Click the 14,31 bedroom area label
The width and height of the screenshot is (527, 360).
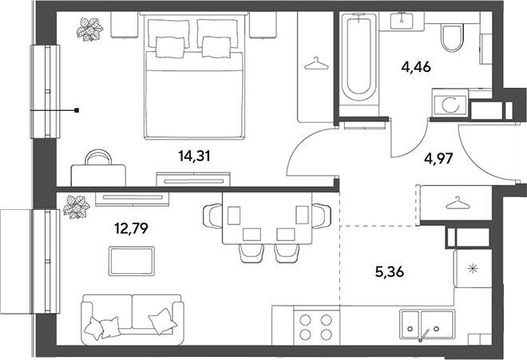pyautogui.click(x=195, y=156)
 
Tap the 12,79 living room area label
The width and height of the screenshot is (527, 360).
pyautogui.click(x=132, y=229)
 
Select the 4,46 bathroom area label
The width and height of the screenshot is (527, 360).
pyautogui.click(x=416, y=67)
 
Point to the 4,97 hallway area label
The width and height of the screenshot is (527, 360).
pyautogui.click(x=439, y=158)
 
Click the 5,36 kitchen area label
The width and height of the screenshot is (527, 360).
pyautogui.click(x=390, y=271)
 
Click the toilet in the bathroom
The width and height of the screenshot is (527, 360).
pyautogui.click(x=452, y=38)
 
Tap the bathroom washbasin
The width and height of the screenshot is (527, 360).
pyautogui.click(x=402, y=20)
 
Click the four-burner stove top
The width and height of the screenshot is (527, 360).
pyautogui.click(x=316, y=326)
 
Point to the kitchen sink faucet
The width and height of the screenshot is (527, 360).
pyautogui.click(x=423, y=335)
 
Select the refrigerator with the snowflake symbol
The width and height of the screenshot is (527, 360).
pyautogui.click(x=474, y=268)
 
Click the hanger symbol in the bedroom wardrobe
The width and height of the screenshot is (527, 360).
pyautogui.click(x=316, y=64)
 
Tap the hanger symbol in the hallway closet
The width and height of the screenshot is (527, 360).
pyautogui.click(x=457, y=203)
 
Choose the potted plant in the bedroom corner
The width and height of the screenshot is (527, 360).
pyautogui.click(x=89, y=30)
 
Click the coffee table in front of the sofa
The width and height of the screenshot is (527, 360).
pyautogui.click(x=132, y=261)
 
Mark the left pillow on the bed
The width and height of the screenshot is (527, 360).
pyautogui.click(x=170, y=47)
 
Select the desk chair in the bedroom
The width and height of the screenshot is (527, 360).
pyautogui.click(x=98, y=157)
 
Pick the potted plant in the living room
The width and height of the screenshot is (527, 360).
pyautogui.click(x=77, y=207)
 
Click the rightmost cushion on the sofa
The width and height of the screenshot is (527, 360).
pyautogui.click(x=163, y=321)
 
